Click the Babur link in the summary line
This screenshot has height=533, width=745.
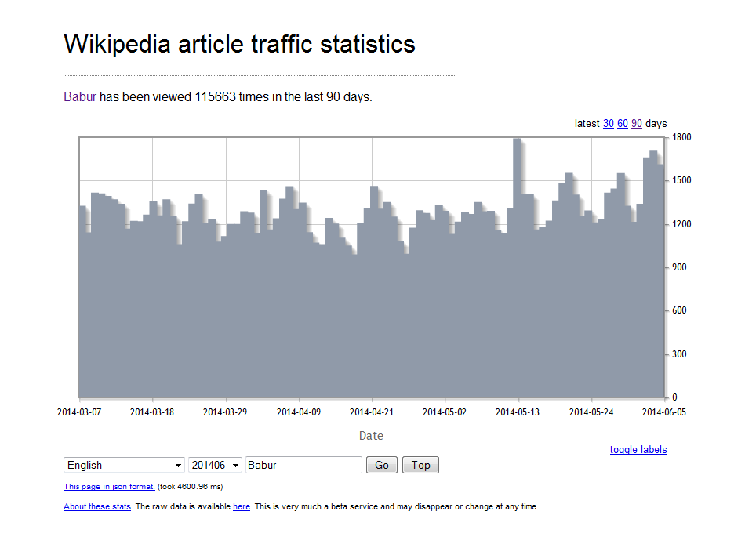coord(80,97)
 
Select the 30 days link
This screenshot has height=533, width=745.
coord(608,124)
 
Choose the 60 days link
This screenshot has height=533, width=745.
coord(623,124)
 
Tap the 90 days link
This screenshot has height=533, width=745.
coord(637,124)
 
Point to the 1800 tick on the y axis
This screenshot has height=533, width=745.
coord(681,138)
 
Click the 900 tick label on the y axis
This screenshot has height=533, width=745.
coord(679,267)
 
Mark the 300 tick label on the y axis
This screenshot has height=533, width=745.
coord(679,354)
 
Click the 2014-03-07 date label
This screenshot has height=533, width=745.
coord(79,412)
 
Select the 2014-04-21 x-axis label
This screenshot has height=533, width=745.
coord(372,412)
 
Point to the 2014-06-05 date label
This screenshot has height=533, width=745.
coord(664,412)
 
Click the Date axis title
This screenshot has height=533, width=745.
coord(371,436)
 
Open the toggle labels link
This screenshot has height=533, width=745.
coord(638,450)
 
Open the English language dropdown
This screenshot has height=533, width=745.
coord(124,466)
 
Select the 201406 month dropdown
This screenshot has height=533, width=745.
coord(215,466)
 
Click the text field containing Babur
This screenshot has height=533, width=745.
coord(303,466)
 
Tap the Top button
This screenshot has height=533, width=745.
coord(420,466)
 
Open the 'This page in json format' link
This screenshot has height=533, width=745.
coord(109,487)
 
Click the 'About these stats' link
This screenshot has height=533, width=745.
coord(97,507)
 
